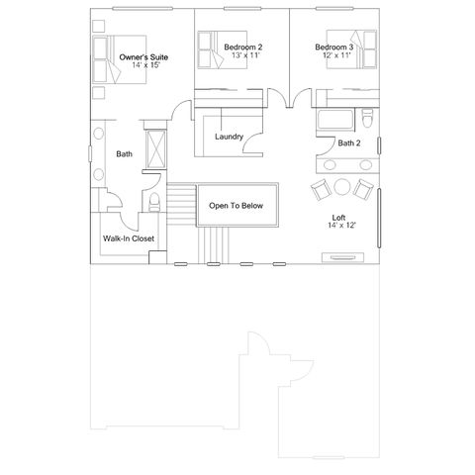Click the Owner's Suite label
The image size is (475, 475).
143,57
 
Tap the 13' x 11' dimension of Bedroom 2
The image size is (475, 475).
245,55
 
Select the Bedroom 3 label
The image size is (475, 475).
334,47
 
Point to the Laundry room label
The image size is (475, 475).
229,137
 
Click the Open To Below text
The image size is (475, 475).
236,206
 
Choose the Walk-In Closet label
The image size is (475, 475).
129,238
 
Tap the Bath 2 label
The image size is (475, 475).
349,143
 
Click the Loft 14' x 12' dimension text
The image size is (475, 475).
341,226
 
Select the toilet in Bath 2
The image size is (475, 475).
367,118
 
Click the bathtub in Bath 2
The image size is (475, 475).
335,120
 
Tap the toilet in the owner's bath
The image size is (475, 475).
153,202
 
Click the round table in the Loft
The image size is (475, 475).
342,187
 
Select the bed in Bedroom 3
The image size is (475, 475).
351,49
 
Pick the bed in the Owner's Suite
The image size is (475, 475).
120,59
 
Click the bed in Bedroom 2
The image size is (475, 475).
223,49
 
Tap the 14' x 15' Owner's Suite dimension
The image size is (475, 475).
145,65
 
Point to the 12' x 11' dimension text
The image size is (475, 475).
336,55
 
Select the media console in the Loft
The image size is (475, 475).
342,257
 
